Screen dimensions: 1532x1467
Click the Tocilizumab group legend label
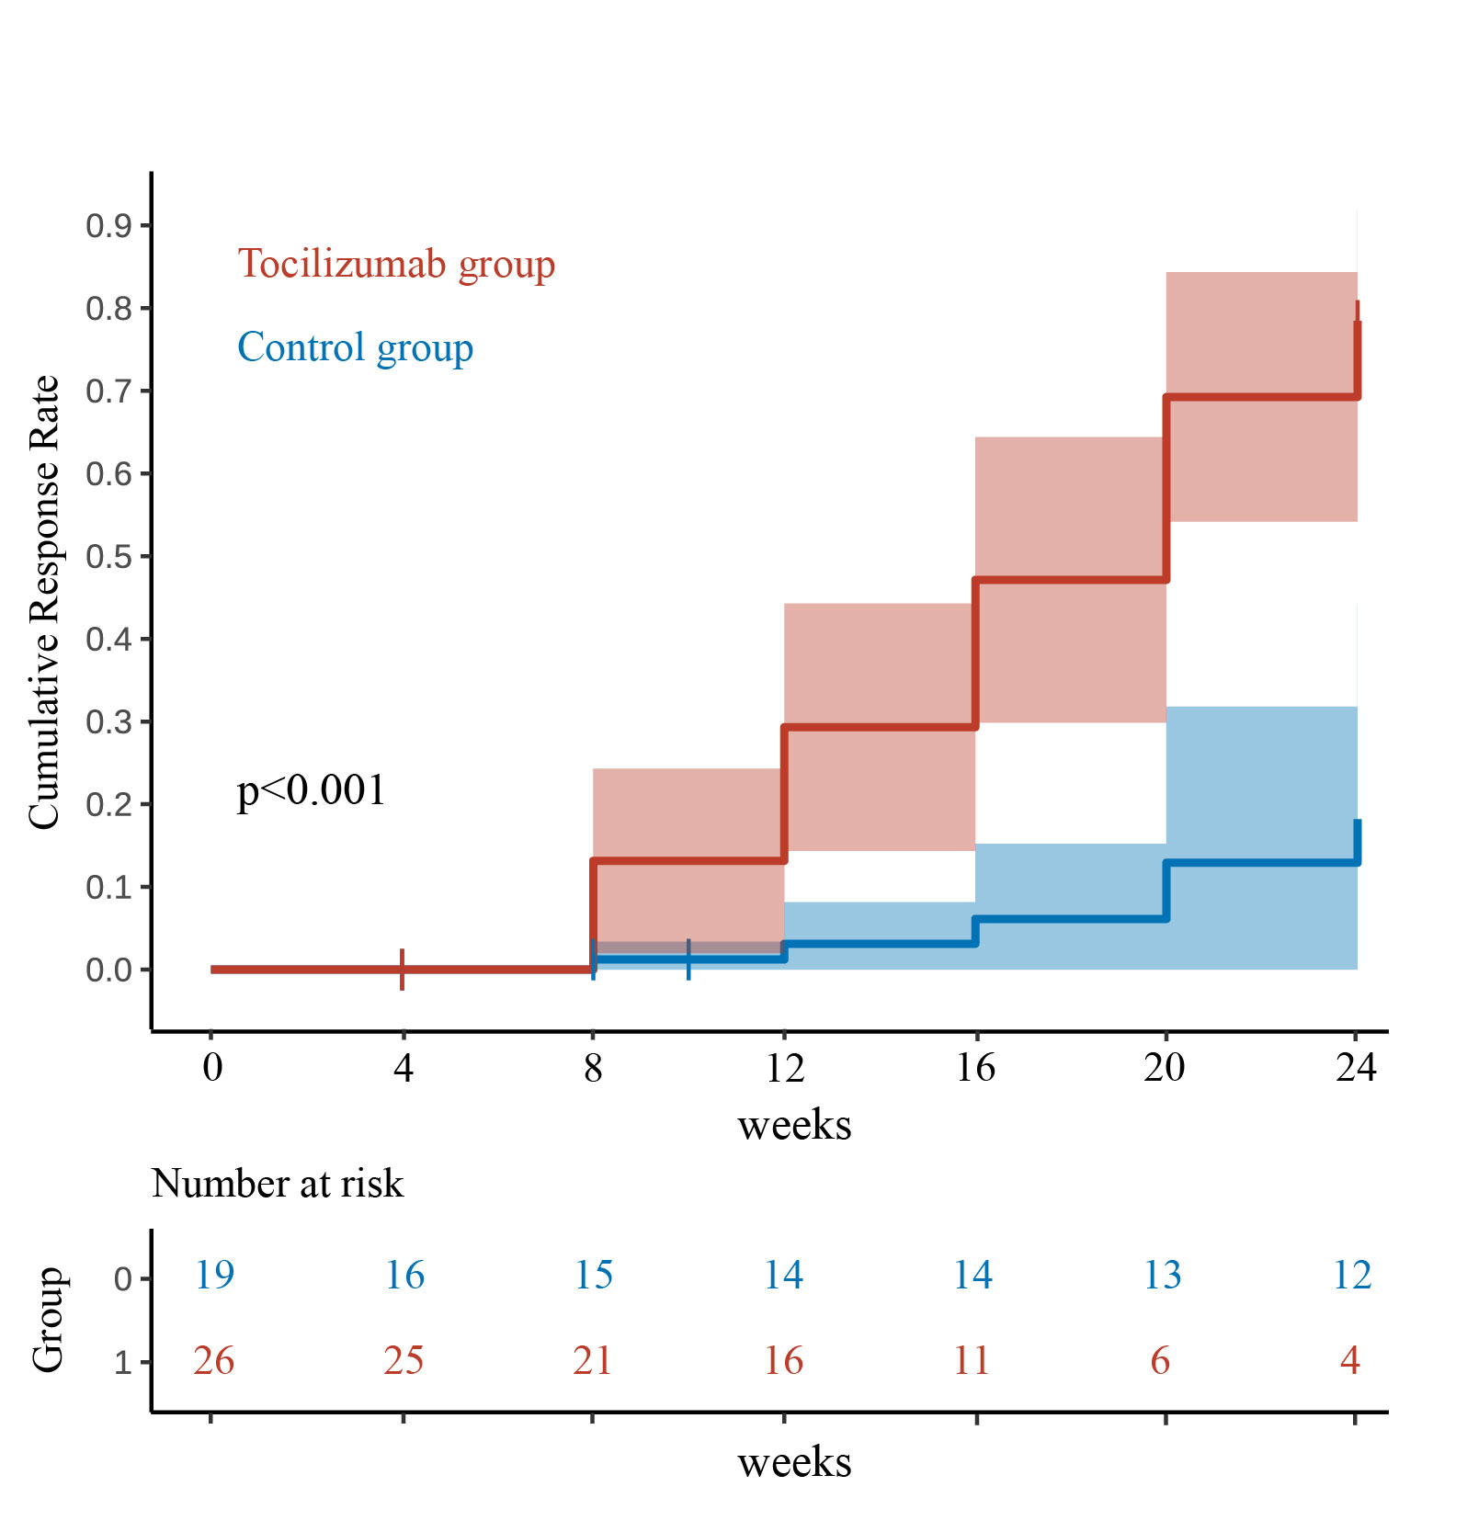click(x=396, y=264)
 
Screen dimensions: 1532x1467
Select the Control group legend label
click(x=355, y=347)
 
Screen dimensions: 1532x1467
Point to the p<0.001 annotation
click(x=311, y=790)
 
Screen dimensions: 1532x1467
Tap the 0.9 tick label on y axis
click(x=108, y=226)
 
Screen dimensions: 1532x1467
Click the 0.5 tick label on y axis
click(x=108, y=557)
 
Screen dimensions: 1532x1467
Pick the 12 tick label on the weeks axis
click(x=784, y=1068)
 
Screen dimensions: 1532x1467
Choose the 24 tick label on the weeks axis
click(x=1356, y=1068)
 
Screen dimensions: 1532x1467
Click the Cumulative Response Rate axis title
click(x=44, y=602)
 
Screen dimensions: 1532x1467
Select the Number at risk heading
click(x=277, y=1184)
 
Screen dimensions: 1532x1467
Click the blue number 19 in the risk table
click(x=214, y=1275)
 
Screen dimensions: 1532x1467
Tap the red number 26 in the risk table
click(x=213, y=1360)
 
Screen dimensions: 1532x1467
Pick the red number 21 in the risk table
click(x=592, y=1360)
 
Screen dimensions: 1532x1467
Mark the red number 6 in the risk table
click(x=1160, y=1360)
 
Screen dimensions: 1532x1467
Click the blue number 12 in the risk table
click(x=1352, y=1275)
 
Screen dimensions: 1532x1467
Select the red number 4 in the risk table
click(x=1349, y=1360)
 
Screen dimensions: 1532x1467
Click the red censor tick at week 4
click(x=403, y=970)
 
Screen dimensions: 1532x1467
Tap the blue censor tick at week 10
click(x=688, y=959)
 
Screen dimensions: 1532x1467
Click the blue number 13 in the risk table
click(x=1162, y=1275)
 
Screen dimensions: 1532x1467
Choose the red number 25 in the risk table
click(x=404, y=1360)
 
